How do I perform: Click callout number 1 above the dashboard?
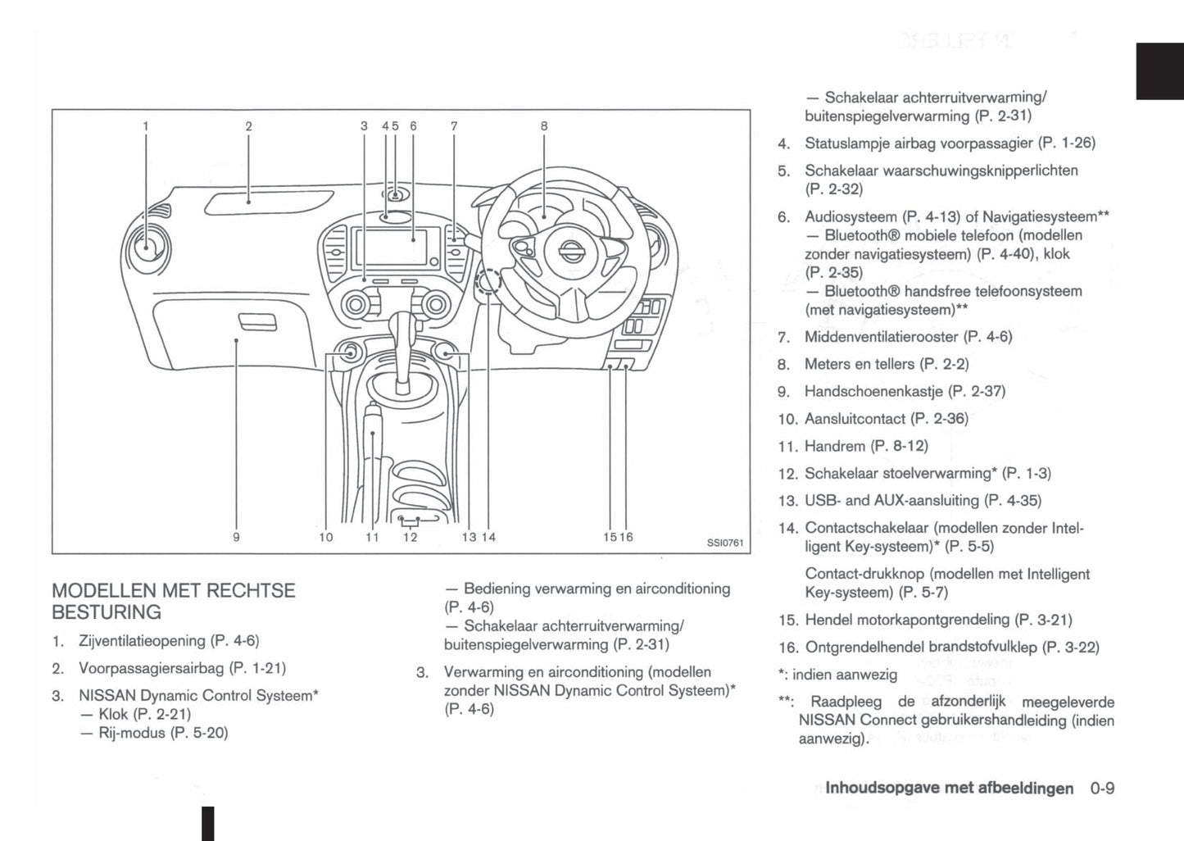(x=146, y=126)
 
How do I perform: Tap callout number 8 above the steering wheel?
(x=544, y=126)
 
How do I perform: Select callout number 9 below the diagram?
(x=236, y=537)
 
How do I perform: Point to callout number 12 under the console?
(x=410, y=537)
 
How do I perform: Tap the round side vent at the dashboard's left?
(x=147, y=244)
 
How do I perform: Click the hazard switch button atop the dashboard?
(x=395, y=196)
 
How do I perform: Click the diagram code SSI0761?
(x=725, y=542)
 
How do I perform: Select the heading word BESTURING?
(x=107, y=612)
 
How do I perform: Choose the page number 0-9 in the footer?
(x=1102, y=788)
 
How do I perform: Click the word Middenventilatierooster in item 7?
(x=882, y=336)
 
